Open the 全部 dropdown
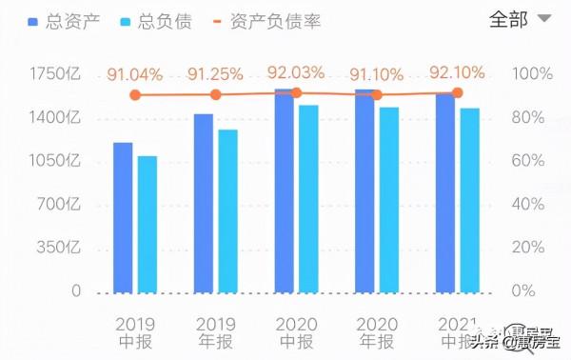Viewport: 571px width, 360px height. pos(520,19)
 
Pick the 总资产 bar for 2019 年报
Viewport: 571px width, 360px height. pos(204,203)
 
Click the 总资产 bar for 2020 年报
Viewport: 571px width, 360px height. pos(364,190)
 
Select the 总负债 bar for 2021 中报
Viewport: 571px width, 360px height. pos(469,200)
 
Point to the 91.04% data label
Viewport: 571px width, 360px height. pos(134,74)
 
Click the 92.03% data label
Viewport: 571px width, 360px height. pos(296,71)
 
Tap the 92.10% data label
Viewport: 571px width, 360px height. pos(457,71)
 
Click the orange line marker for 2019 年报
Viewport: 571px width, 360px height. pos(215,94)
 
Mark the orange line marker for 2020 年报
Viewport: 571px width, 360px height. pos(376,94)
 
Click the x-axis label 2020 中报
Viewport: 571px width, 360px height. pos(296,331)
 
